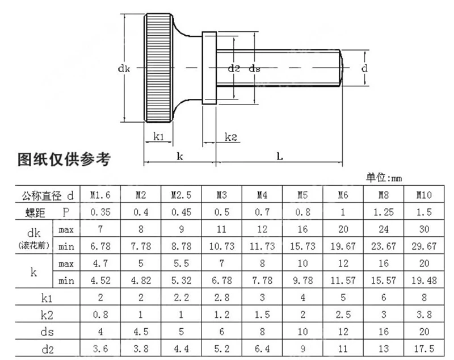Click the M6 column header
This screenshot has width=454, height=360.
coord(343,195)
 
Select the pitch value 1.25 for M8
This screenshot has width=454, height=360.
coord(384,212)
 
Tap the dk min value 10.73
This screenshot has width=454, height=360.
coord(221,246)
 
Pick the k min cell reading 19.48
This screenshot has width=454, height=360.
coord(424,281)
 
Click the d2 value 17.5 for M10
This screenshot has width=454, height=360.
coord(424,349)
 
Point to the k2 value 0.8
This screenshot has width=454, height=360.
coord(100,315)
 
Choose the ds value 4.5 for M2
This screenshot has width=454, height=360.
coord(141,332)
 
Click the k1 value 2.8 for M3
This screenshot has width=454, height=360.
coord(221,298)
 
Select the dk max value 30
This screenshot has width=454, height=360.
coord(424,229)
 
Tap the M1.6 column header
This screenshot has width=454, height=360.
coord(100,195)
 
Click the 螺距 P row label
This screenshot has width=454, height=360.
coord(48,212)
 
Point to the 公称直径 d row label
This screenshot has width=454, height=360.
coord(48,196)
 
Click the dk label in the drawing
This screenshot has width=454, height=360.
coord(124,69)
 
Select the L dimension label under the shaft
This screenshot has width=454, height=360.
coord(279,157)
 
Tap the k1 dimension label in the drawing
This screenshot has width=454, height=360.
coord(158,136)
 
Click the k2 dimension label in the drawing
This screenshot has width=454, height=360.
coord(231,137)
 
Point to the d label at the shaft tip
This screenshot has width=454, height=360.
coord(364,68)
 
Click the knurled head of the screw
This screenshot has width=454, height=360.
coord(158,68)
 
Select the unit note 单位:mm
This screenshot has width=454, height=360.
coord(384,178)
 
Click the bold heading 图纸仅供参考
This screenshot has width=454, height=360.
coord(64,160)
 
